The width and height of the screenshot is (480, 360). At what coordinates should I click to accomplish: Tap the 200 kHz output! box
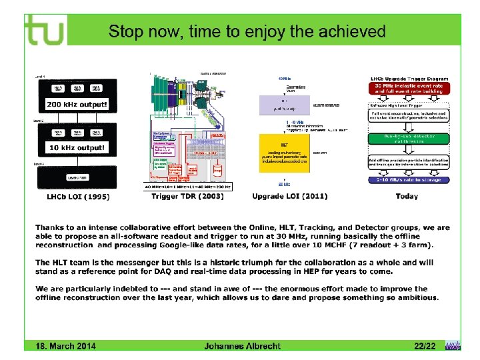tap(74, 104)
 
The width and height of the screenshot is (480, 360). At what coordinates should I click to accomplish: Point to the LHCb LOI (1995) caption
tap(78, 197)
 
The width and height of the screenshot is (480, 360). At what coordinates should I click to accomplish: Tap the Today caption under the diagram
tap(406, 197)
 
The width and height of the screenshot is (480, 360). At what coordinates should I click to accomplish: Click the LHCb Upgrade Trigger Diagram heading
tap(407, 79)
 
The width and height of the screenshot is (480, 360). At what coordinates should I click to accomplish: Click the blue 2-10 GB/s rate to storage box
tap(407, 179)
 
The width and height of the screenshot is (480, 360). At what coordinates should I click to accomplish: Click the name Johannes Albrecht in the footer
tap(242, 346)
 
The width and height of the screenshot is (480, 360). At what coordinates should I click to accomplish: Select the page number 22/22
tap(425, 346)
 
